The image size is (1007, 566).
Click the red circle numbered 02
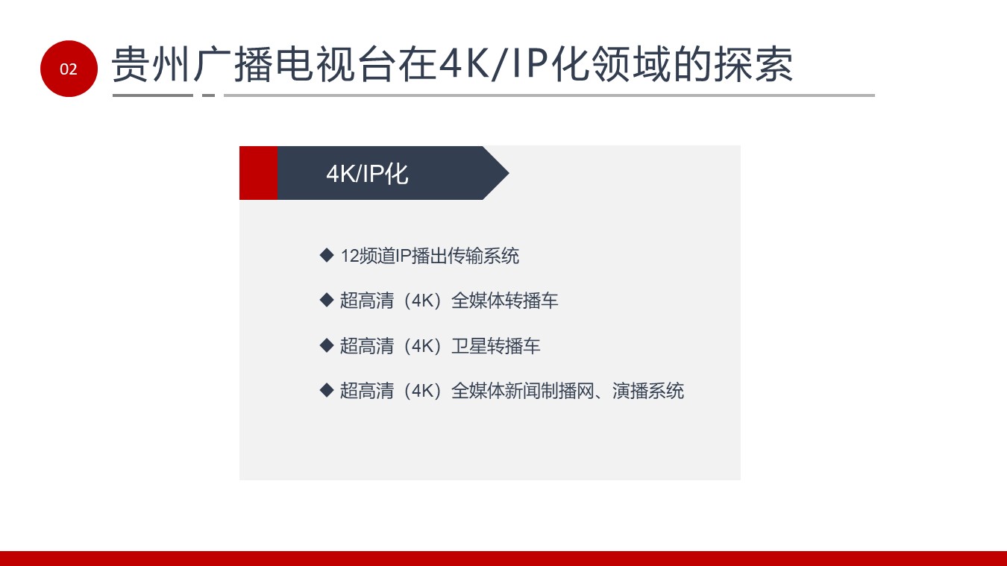69,69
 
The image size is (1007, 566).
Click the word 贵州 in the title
151,64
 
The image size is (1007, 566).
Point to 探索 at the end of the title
753,64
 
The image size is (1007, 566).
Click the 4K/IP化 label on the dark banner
367,174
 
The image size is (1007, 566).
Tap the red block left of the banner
259,173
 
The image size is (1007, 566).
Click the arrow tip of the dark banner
509,173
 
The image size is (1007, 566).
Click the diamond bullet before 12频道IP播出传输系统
327,255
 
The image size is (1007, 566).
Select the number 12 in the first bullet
350,257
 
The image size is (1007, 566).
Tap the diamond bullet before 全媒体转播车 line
327,300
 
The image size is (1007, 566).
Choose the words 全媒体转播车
504,301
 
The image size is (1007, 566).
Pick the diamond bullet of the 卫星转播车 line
327,345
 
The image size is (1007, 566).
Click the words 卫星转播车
495,346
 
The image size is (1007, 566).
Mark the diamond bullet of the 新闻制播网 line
327,390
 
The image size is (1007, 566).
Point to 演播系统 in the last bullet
647,391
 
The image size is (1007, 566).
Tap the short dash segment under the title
208,95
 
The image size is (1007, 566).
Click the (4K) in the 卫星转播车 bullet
422,346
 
